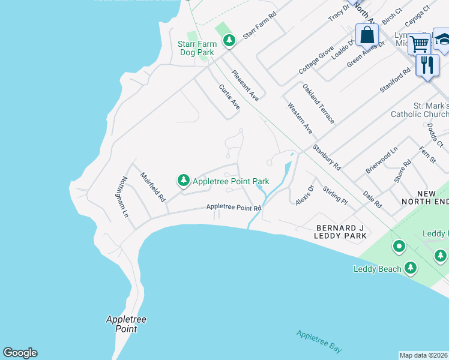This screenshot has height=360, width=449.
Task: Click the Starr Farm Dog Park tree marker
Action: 229,40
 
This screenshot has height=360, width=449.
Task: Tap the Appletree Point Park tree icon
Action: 183,180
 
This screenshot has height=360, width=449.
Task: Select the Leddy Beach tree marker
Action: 411,268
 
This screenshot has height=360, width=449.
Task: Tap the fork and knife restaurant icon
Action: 427,64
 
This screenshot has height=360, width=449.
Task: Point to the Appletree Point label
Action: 122,324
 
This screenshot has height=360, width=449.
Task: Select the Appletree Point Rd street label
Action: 234,207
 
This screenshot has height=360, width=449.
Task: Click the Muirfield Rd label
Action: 152,187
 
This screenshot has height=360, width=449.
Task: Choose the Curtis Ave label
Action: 229,97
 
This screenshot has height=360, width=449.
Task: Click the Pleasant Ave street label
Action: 246,84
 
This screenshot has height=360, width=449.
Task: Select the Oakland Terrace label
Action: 318,104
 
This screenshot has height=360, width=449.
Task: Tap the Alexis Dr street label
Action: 305,195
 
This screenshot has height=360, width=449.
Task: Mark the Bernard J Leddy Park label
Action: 340,232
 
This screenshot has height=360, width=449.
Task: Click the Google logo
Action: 20,353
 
